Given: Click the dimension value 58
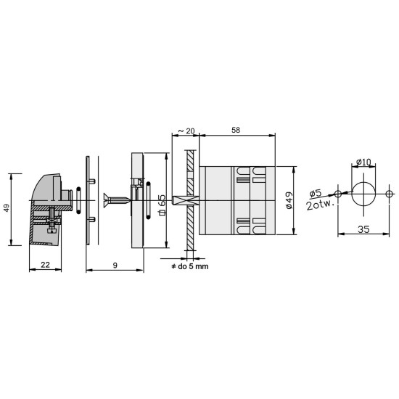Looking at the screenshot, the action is click(236, 130).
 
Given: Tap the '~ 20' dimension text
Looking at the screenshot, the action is click(186, 131).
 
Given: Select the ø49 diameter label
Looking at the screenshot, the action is click(289, 200).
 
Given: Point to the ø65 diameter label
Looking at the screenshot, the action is click(162, 205).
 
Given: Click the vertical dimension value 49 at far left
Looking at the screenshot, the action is click(7, 207).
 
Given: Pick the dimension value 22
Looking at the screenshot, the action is click(45, 265).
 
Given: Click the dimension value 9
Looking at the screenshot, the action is click(115, 266).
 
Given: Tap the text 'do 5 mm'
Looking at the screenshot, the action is click(193, 266).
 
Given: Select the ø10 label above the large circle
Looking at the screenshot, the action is click(364, 162).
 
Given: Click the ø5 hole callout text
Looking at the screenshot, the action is click(316, 193).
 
